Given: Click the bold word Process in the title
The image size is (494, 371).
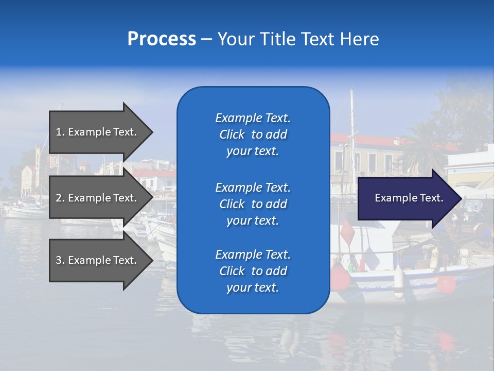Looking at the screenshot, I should pos(162,39).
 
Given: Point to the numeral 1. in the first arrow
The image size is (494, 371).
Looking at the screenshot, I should pos(60,132).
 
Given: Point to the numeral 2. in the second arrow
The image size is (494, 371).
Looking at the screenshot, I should pos(60,198).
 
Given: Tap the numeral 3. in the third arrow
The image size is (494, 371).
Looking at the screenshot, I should pos(60,260).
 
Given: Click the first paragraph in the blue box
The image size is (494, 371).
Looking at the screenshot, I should pos(253,134).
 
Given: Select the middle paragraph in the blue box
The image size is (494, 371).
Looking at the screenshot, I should pos(253,204).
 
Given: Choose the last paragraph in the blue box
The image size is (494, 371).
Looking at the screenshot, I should pos(253,271).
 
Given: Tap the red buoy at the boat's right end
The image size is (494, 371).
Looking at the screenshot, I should pos(446,284).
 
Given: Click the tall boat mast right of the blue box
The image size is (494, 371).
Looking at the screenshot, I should pos(352,129).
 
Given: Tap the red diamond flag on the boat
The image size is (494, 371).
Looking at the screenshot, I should pos(347,232).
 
